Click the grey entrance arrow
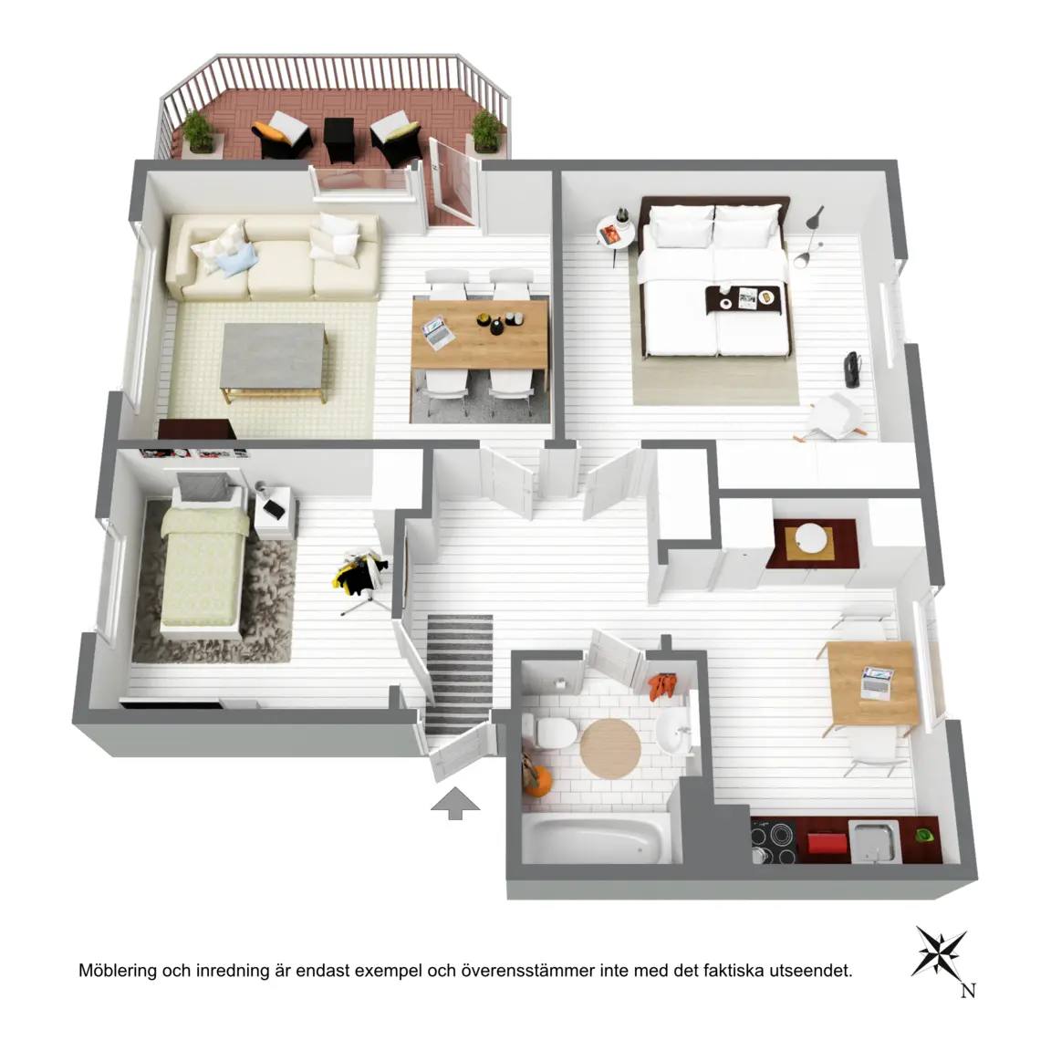pyautogui.click(x=455, y=802)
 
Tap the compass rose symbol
pyautogui.click(x=940, y=952)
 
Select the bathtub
pyautogui.click(x=595, y=838)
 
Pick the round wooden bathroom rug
pyautogui.click(x=610, y=748)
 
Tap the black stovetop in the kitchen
pyautogui.click(x=775, y=838)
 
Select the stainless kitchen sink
pyautogui.click(x=873, y=841)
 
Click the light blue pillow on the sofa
pyautogui.click(x=235, y=259)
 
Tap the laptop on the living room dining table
pyautogui.click(x=436, y=333)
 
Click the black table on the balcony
pyautogui.click(x=338, y=138)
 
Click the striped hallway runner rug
pyautogui.click(x=459, y=673)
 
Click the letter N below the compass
pyautogui.click(x=967, y=990)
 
